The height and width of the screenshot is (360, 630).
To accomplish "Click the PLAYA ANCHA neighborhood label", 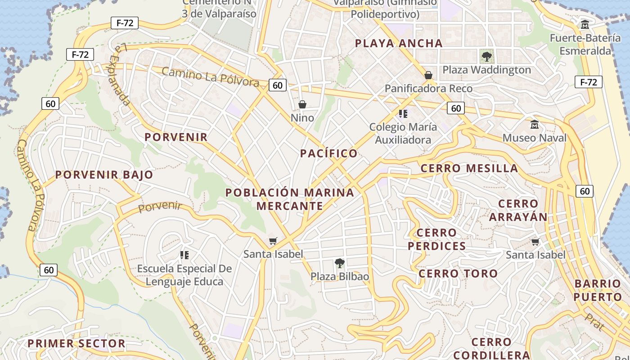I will coord(399,43).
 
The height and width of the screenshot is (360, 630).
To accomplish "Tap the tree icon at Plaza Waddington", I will coord(486,57).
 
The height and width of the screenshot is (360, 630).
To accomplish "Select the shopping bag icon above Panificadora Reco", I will coord(428,75).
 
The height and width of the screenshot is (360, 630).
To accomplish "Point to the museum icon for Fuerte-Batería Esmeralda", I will coord(585,24).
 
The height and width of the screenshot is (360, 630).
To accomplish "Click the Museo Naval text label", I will coord(534,138).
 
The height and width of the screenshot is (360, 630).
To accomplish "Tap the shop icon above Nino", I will coord(302,104).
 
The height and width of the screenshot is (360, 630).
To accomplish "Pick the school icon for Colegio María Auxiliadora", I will coord(403,113).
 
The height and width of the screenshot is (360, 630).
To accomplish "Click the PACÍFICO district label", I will coord(328,153).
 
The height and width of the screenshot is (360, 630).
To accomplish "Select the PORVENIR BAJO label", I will coord(104,175).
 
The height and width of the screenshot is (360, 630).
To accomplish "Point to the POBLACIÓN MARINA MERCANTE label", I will coord(290,199).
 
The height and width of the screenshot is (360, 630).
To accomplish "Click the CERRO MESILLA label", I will coord(469,168).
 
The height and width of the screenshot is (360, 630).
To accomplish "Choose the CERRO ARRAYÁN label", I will coord(518,210).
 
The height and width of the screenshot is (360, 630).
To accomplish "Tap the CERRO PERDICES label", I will coord(436,239).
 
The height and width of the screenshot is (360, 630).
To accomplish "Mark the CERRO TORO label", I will coord(458,274).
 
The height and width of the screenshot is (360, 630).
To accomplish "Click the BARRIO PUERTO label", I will coord(598,290).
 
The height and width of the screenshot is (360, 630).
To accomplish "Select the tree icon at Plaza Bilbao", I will coord(340,263).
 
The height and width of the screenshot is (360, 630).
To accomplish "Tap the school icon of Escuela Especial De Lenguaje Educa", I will coord(184,255).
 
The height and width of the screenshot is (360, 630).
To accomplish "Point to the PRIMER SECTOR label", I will coord(76,344).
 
